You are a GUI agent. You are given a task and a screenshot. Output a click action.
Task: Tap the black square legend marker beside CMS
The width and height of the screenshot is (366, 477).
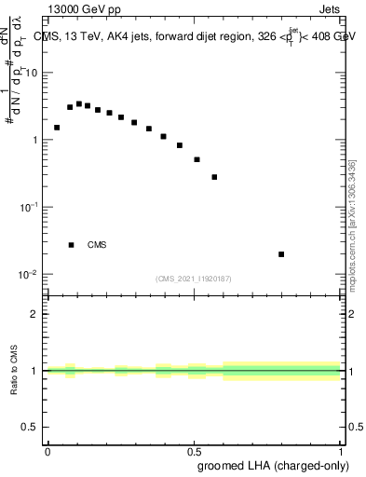[x=72, y=245]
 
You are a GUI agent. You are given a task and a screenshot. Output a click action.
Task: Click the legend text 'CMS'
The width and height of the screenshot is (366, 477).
[x=97, y=245]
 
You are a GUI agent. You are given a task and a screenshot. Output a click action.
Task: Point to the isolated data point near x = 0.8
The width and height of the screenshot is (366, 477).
[x=281, y=254]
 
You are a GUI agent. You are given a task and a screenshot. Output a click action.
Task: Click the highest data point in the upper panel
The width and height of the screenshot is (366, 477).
[x=79, y=104]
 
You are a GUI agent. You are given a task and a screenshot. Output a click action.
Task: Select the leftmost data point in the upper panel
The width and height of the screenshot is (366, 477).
[x=57, y=128]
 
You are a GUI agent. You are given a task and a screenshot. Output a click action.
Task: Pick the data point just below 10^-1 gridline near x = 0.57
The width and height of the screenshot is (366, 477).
[x=214, y=177]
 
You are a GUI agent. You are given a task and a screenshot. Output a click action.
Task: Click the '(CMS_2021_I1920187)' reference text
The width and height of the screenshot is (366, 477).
[x=193, y=278]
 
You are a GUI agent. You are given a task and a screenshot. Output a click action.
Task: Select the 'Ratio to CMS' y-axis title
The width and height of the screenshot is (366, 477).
[x=15, y=372]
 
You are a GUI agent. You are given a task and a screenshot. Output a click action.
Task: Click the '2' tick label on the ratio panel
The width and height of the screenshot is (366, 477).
[x=34, y=314]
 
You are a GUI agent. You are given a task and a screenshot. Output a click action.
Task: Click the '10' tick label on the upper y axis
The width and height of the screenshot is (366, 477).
[x=31, y=73]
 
